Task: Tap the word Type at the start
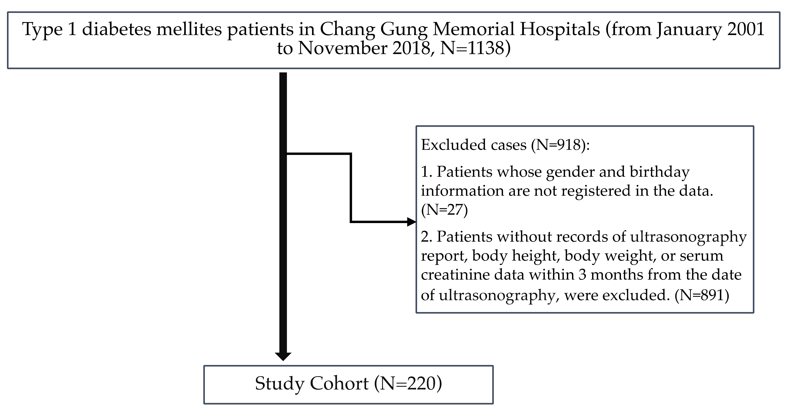[42, 30]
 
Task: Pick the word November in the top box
[342, 48]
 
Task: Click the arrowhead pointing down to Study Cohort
[283, 356]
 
